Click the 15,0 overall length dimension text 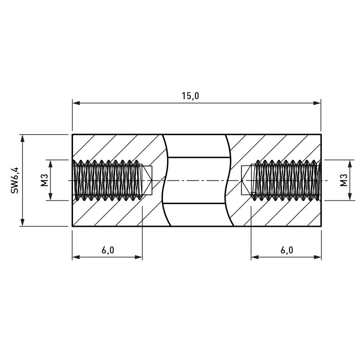[x=190, y=96]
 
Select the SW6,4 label [x=14, y=180]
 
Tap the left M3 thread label [x=45, y=180]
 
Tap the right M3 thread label [x=344, y=180]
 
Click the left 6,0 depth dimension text [x=108, y=250]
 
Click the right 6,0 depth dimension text [x=287, y=250]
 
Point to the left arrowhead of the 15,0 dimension [x=76, y=103]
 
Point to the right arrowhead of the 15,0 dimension [x=317, y=103]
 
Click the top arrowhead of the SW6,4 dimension [x=22, y=138]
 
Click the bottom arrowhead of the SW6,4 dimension [x=22, y=222]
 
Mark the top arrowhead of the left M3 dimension [x=51, y=164]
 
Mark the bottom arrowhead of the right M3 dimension [x=350, y=197]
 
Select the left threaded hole [x=107, y=181]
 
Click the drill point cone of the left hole [x=147, y=181]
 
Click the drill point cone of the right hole [x=246, y=181]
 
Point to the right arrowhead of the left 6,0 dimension [x=138, y=257]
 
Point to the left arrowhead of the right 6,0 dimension [x=255, y=257]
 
